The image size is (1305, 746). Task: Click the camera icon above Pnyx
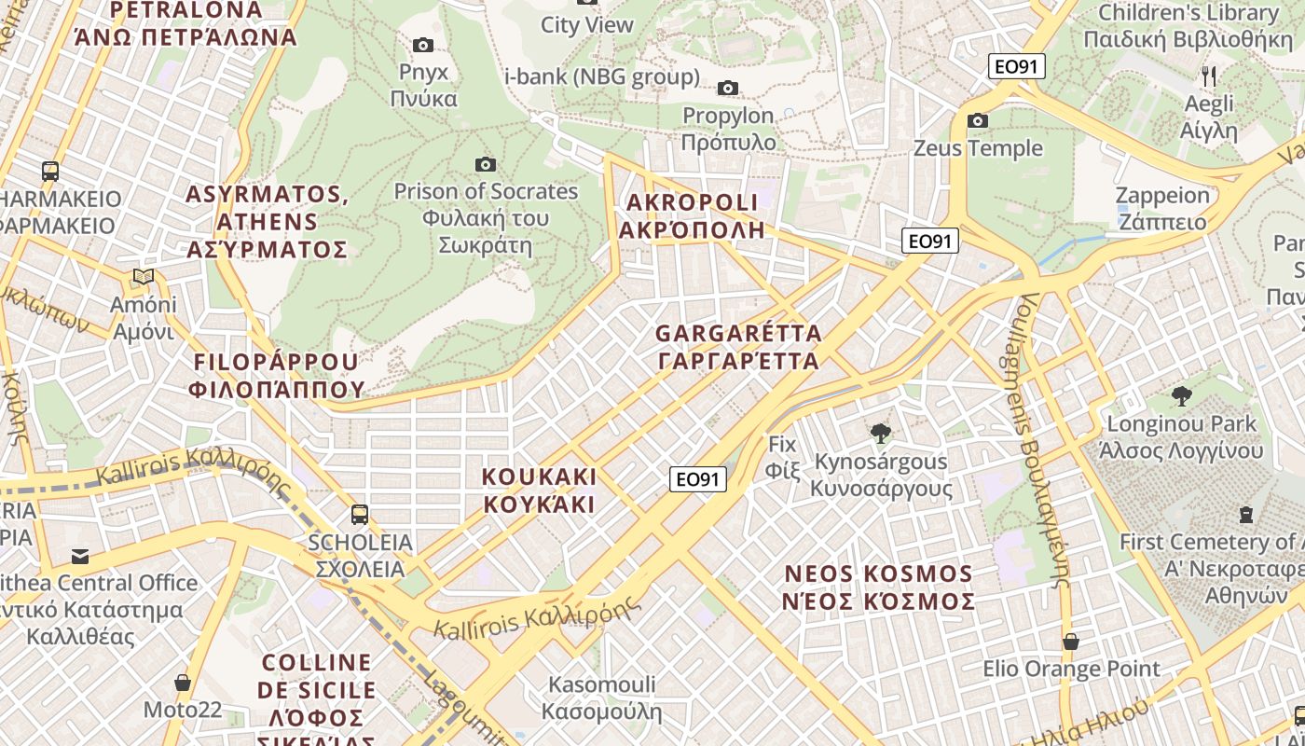422,45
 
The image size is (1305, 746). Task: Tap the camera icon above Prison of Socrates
485,164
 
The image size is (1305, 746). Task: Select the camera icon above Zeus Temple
977,120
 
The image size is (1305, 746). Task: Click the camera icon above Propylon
727,88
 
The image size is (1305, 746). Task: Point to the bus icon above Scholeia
359,514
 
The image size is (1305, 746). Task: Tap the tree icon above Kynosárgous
879,433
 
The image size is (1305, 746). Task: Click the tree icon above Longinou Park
1181,395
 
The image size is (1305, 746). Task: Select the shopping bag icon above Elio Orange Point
1071,642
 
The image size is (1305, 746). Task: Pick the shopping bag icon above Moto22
183,683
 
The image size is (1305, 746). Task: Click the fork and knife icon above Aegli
1208,76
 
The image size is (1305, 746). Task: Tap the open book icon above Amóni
143,276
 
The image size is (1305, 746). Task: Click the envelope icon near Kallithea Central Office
80,557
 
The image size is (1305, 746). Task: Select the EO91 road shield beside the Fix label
697,479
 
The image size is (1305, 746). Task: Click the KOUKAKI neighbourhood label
539,490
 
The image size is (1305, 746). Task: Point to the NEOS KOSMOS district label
879,587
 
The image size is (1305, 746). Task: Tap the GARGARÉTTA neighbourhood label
738,347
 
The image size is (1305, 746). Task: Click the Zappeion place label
1162,209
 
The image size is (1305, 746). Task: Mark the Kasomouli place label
601,698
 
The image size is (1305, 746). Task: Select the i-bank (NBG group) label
601,76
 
